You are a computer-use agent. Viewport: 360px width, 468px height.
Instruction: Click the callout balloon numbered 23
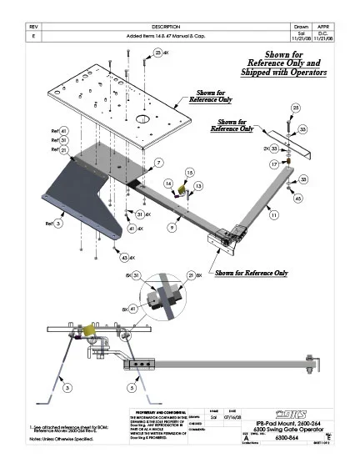pos(158,53)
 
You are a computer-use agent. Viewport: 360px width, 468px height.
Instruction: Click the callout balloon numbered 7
pos(158,162)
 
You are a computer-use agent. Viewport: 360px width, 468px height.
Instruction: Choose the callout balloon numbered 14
pos(168,183)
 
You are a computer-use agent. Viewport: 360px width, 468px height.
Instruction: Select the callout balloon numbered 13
pos(198,185)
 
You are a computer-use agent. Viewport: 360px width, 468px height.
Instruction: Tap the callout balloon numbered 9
pos(171,227)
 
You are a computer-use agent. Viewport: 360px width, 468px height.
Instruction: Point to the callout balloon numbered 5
pos(132,388)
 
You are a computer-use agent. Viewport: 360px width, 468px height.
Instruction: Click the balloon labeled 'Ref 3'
pos(58,224)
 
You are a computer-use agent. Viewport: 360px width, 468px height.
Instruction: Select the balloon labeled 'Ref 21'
pos(63,150)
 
